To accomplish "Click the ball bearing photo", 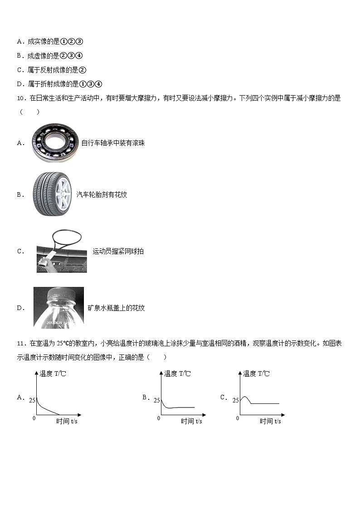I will point(56,143).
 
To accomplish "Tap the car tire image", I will point(52,194).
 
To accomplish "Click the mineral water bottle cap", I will point(59,294).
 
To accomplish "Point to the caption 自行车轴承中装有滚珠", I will point(113,143).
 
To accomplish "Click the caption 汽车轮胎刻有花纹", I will point(102,194).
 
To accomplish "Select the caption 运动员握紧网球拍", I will point(118,251).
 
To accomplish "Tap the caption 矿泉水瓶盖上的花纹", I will point(116,308).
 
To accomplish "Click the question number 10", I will point(21,98).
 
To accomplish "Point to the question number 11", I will point(21,344).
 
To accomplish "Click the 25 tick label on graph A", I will point(32,400).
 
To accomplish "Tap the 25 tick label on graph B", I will point(156,400).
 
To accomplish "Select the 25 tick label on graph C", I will point(235,400).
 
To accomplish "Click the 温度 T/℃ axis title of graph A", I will point(53,374).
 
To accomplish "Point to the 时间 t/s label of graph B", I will point(191,422).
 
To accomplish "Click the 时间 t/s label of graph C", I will point(270,422).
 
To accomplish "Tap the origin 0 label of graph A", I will point(34,418).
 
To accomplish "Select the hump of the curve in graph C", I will point(244,398).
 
